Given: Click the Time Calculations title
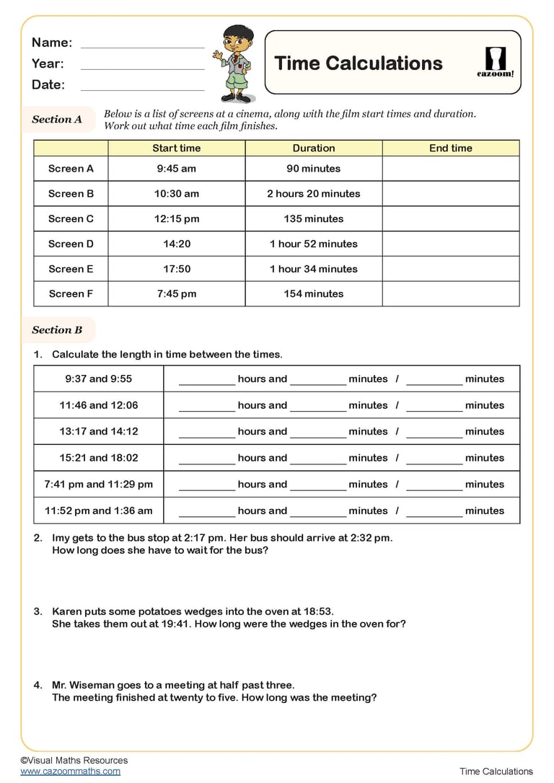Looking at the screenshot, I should (x=359, y=63).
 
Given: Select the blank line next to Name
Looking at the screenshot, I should (x=143, y=43).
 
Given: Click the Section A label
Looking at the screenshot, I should (x=57, y=120).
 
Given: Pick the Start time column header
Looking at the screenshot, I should (x=177, y=149).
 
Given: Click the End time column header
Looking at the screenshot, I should (x=451, y=149).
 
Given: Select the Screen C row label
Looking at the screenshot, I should (x=71, y=218).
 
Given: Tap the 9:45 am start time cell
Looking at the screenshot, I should (x=177, y=169).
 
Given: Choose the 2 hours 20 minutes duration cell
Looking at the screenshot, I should (x=314, y=194).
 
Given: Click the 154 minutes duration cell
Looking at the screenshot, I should (x=314, y=293).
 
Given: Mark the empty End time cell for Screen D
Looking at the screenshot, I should (x=451, y=244).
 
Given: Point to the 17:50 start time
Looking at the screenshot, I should (x=177, y=269).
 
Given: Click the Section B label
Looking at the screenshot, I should (x=57, y=330).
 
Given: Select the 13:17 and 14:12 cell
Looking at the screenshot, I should (x=99, y=432).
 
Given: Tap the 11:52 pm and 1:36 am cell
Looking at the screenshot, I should (x=99, y=511).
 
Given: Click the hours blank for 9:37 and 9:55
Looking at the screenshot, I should (x=207, y=381).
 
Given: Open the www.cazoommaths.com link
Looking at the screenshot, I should (x=71, y=771).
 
